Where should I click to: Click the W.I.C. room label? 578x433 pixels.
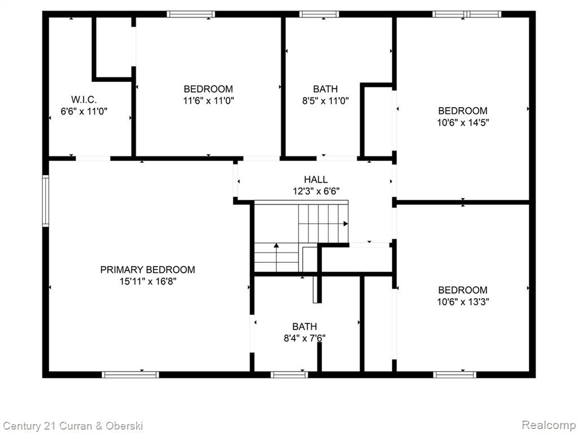(x=84, y=99)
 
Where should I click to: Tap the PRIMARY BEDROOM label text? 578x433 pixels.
(x=147, y=269)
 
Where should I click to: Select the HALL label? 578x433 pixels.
(x=316, y=179)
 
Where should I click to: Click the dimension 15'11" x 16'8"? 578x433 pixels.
(x=148, y=281)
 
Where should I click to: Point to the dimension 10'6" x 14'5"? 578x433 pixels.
(x=463, y=122)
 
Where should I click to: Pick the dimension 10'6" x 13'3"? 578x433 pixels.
(x=463, y=302)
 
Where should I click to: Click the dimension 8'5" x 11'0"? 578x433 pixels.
(x=326, y=100)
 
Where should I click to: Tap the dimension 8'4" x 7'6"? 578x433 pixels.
(x=304, y=338)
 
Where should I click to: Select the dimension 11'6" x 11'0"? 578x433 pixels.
(x=209, y=100)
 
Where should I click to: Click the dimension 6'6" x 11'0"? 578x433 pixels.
(x=84, y=111)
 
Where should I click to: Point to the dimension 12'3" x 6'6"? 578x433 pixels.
(x=316, y=191)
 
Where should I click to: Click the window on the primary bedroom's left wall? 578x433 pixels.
(x=46, y=201)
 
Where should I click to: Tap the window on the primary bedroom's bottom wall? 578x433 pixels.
(x=130, y=375)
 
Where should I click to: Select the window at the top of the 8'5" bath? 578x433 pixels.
(x=319, y=14)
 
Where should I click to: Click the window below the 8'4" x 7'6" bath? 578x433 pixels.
(x=290, y=375)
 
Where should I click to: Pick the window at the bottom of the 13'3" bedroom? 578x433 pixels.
(x=454, y=375)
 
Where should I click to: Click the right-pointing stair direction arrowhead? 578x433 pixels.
(x=346, y=223)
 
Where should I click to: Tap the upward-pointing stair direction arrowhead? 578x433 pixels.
(x=277, y=245)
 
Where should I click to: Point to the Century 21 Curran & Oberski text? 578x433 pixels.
(x=73, y=426)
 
